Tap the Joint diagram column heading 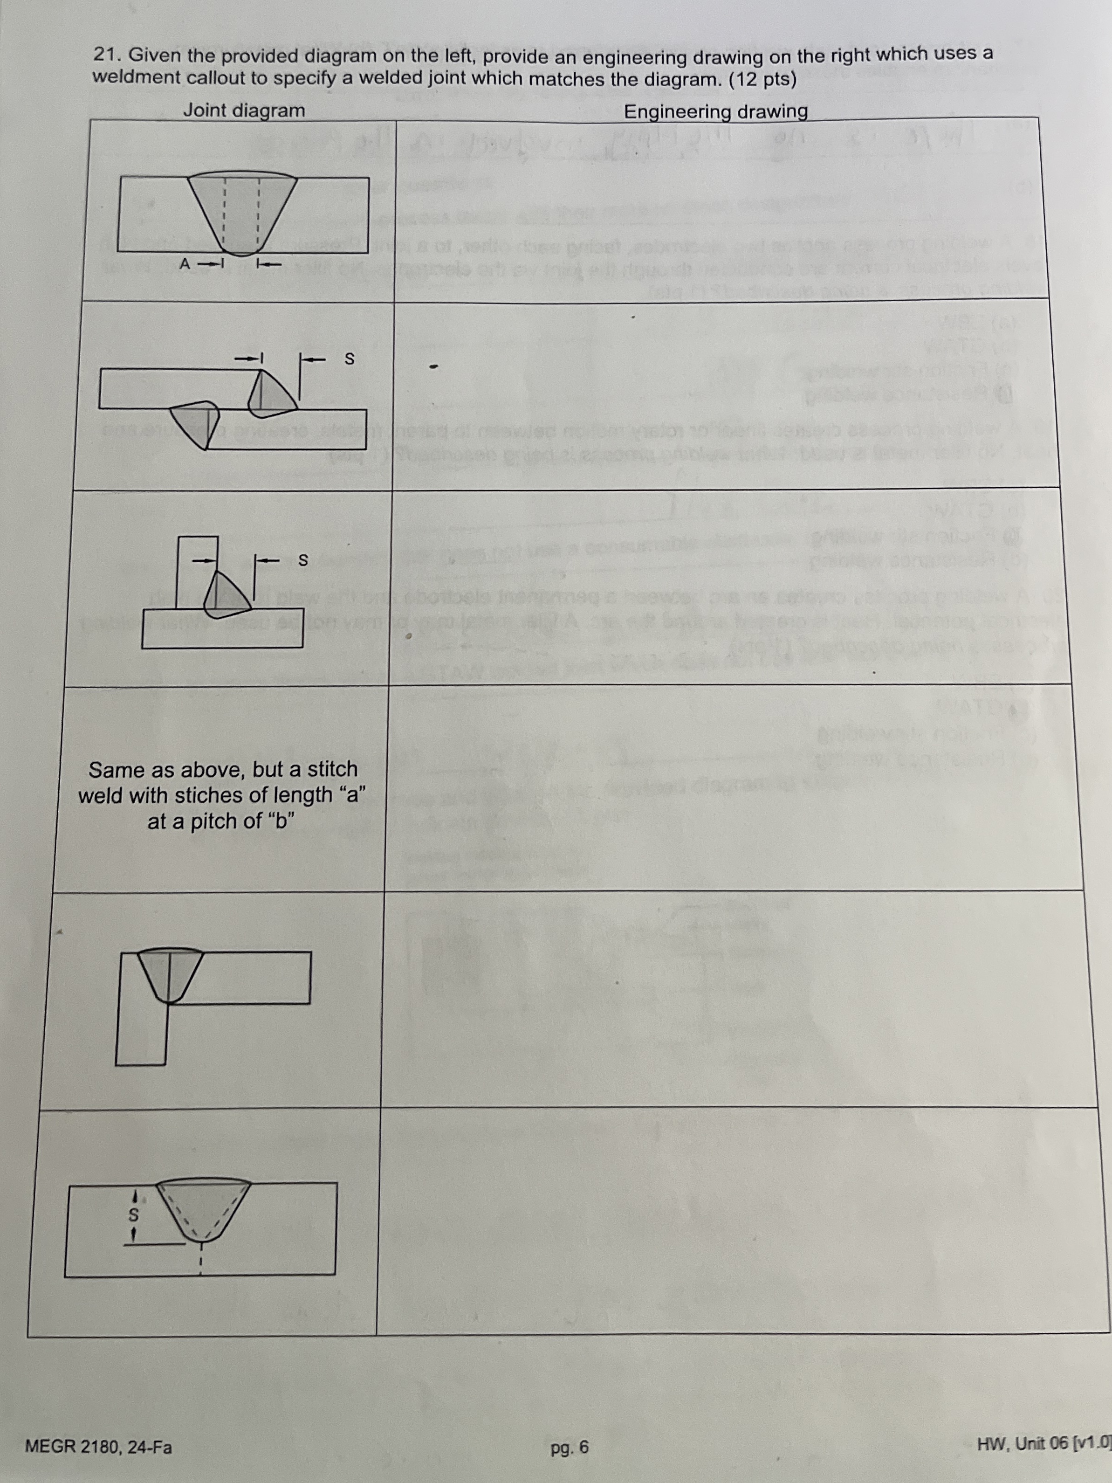(244, 110)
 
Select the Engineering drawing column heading (715, 111)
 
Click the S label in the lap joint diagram (348, 359)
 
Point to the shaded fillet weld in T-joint (225, 596)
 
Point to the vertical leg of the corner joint (141, 1029)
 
